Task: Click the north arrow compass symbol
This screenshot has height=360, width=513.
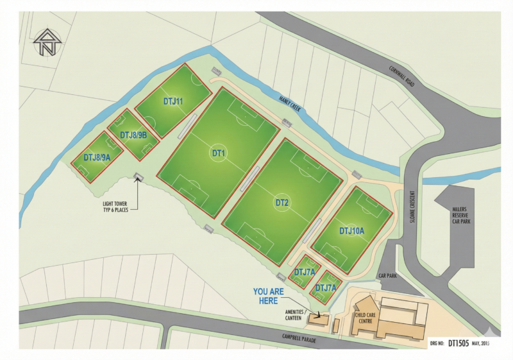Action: click(x=46, y=42)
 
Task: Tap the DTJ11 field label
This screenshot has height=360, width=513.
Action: click(x=173, y=101)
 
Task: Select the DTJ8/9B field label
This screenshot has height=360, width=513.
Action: click(x=134, y=135)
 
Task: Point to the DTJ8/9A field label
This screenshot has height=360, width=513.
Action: click(x=97, y=157)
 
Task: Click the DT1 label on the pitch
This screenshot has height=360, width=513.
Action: click(x=218, y=153)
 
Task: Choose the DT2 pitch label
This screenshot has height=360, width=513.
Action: click(x=282, y=203)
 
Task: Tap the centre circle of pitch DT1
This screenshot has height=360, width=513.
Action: click(x=218, y=153)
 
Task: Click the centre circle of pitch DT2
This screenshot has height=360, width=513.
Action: click(x=282, y=203)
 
